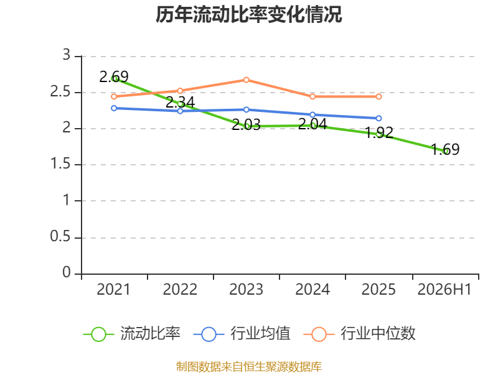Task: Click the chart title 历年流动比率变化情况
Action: pyautogui.click(x=248, y=14)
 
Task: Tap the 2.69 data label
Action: pyautogui.click(x=114, y=76)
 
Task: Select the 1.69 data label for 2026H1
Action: pyautogui.click(x=445, y=149)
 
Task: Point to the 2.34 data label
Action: pyautogui.click(x=180, y=102)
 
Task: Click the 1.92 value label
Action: pyautogui.click(x=379, y=132)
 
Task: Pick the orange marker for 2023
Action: pyautogui.click(x=246, y=80)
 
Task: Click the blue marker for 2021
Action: pyautogui.click(x=114, y=108)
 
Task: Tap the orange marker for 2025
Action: pyautogui.click(x=378, y=96)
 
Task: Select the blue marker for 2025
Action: pyautogui.click(x=378, y=118)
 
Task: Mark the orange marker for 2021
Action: pyautogui.click(x=114, y=96)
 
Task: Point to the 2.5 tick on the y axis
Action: pyautogui.click(x=60, y=92)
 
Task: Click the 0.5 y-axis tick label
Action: pyautogui.click(x=60, y=237)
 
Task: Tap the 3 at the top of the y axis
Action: pyautogui.click(x=66, y=55)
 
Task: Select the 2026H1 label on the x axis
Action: pyautogui.click(x=444, y=290)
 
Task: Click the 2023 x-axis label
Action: pyautogui.click(x=246, y=290)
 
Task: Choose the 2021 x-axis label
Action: pyautogui.click(x=113, y=290)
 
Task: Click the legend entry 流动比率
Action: pyautogui.click(x=131, y=334)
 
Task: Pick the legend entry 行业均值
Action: pyautogui.click(x=242, y=334)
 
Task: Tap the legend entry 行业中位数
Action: pyautogui.click(x=359, y=334)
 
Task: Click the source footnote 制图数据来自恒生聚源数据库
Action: pyautogui.click(x=248, y=367)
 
